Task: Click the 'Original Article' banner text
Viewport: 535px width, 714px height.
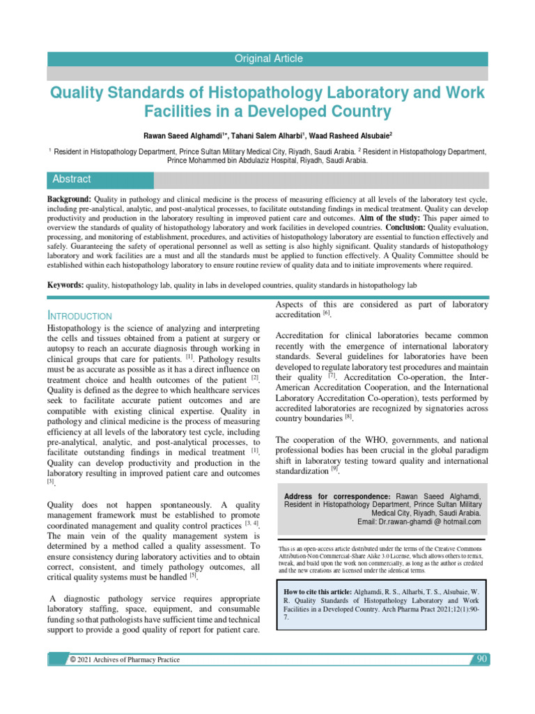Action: pos(268,59)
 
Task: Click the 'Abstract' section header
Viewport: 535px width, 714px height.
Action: pos(72,179)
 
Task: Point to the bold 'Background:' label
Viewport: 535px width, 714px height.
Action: pos(69,200)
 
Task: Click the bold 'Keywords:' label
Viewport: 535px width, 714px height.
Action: pos(65,285)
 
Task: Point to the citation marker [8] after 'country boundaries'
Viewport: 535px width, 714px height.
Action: pos(348,418)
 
